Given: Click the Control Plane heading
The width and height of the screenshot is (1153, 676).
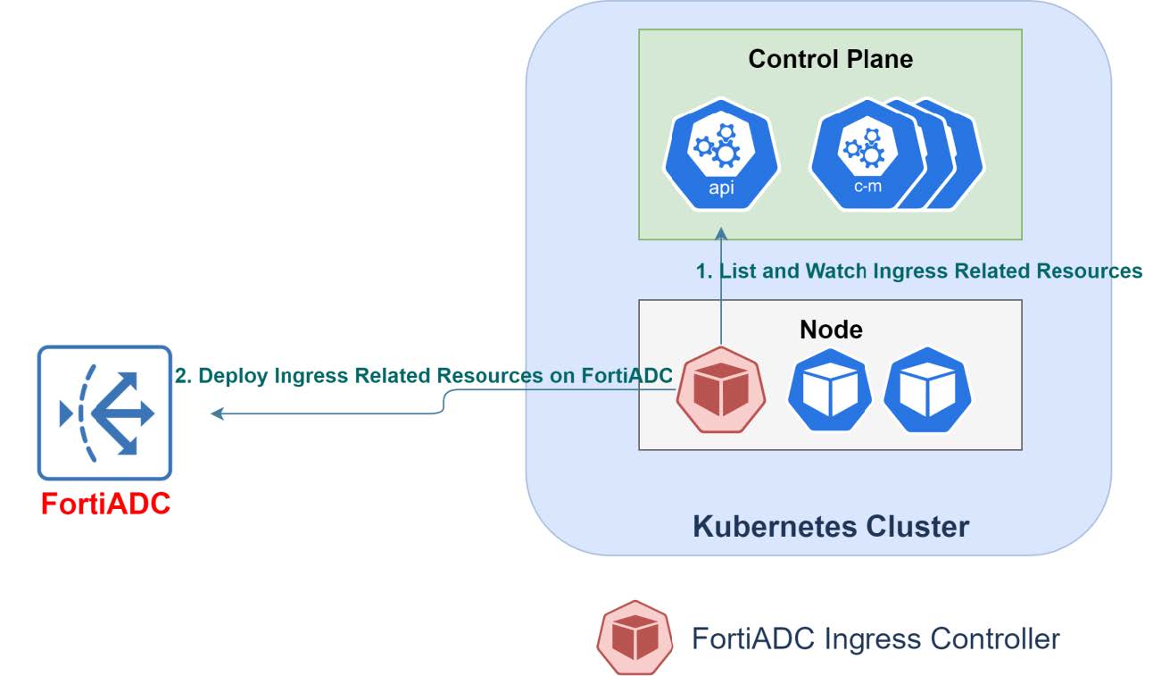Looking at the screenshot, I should click(830, 60).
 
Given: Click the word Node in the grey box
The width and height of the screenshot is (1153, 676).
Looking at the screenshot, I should click(831, 330).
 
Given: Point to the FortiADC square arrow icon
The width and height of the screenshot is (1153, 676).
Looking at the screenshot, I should click(104, 413).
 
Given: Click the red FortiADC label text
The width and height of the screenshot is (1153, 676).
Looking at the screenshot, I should click(105, 505).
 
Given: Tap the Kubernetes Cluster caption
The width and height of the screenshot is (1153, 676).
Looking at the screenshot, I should click(830, 526).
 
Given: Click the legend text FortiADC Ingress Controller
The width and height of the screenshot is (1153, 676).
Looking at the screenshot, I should click(875, 638).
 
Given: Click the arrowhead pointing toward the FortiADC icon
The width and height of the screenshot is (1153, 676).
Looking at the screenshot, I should click(217, 413).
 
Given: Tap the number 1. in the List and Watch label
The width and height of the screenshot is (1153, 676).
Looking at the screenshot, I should click(704, 271).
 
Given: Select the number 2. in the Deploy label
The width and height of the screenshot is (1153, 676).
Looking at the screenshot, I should click(182, 376).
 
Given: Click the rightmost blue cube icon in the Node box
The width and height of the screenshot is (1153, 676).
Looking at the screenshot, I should click(927, 390).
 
